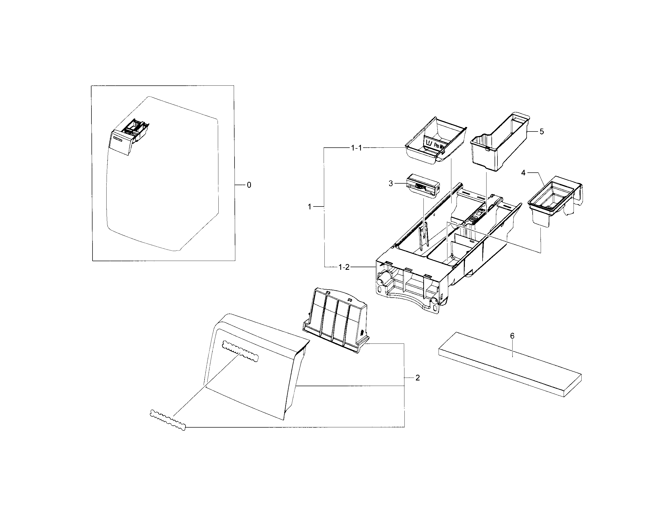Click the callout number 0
[x=249, y=185]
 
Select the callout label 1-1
[x=356, y=148]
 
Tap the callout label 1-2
[x=344, y=267]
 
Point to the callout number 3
[x=391, y=184]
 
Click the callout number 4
[x=523, y=173]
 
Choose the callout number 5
[x=541, y=132]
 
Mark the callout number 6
[x=512, y=336]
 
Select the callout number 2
[x=417, y=378]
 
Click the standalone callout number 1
[x=309, y=207]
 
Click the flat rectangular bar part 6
[x=510, y=365]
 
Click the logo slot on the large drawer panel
[x=240, y=352]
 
